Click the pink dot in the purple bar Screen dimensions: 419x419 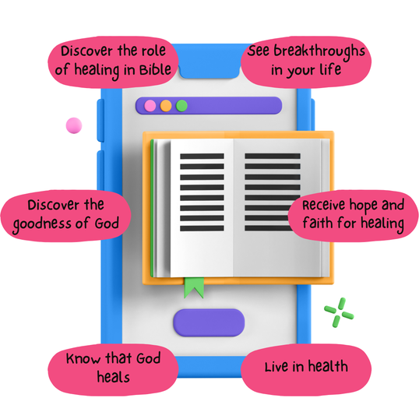point(150,106)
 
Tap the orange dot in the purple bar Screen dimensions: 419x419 point(166,106)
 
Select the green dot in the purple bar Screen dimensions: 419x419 point(181,106)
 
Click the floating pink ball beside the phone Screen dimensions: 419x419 point(74,125)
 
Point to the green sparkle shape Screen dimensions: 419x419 point(339,312)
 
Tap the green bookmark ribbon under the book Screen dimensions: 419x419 point(194,287)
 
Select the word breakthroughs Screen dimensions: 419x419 point(319,51)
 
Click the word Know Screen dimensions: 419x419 point(83,358)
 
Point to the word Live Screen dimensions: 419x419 point(277,366)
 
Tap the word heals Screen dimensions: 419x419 point(113,377)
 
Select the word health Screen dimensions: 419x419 point(328,366)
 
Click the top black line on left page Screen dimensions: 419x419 point(202,157)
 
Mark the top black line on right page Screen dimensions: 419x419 point(273,156)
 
